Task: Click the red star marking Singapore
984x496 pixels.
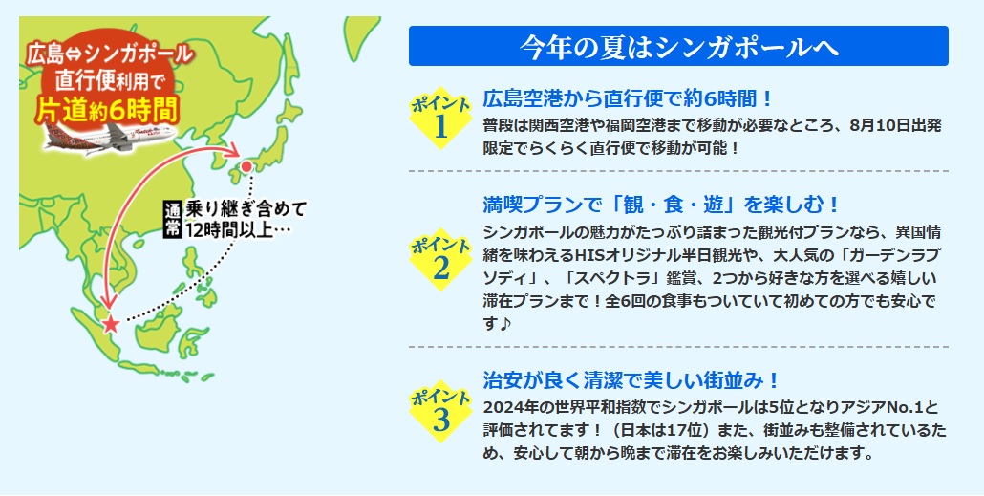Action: (x=111, y=324)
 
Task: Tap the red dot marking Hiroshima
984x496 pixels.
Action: (x=246, y=166)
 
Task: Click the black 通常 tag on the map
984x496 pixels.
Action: (x=171, y=219)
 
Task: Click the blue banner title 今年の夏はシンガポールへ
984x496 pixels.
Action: (x=678, y=46)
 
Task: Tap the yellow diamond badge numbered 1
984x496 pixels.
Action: (x=440, y=118)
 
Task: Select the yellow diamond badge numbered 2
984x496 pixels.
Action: (x=440, y=259)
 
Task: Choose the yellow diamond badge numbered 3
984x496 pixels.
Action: (x=440, y=411)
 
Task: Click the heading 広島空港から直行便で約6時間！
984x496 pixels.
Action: (x=629, y=98)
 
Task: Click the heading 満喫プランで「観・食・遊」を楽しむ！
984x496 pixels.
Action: (x=661, y=205)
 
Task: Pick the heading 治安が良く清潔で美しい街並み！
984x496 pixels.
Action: (x=631, y=379)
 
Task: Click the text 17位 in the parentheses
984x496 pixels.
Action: (x=689, y=431)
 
